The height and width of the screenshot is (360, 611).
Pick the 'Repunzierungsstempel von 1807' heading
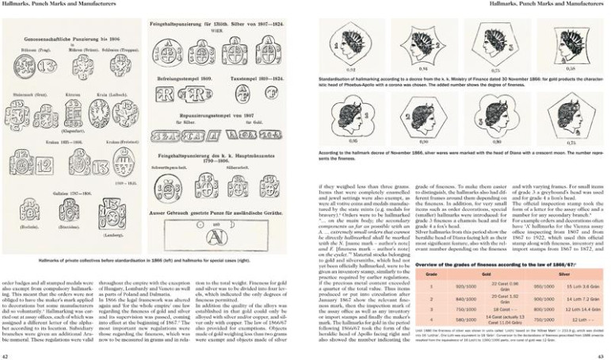pos(214,113)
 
